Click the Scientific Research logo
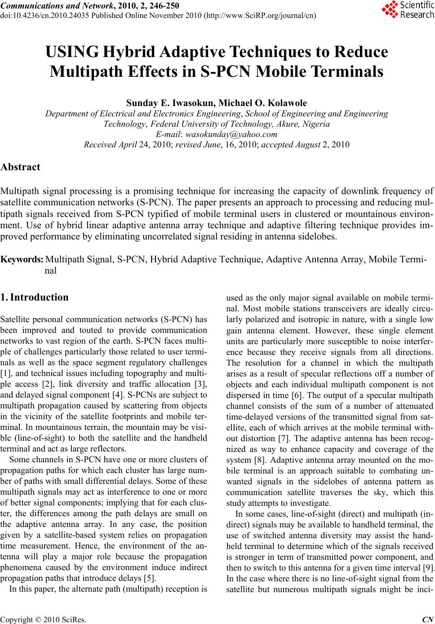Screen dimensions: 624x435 point(408,10)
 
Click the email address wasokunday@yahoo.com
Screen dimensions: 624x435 point(231,134)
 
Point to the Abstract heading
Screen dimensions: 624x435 point(21,167)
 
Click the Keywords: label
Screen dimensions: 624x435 point(22,260)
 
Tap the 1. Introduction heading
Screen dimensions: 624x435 point(35,297)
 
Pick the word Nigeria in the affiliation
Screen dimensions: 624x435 point(316,124)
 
